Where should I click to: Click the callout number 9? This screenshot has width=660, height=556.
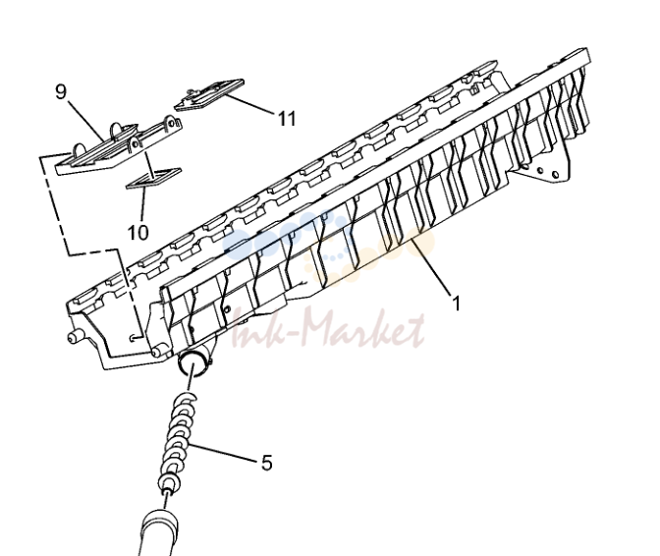61,91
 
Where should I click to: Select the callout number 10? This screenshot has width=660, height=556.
138,232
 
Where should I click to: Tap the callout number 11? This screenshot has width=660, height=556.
287,118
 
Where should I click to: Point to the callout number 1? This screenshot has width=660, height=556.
457,303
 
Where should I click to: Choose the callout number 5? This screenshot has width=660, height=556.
267,463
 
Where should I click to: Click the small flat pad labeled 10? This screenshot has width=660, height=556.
154,178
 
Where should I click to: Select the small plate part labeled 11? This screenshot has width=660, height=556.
209,94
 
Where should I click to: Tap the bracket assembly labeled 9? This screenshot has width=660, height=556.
119,146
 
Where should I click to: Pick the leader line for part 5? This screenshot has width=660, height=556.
223,452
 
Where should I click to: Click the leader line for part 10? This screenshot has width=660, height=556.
142,204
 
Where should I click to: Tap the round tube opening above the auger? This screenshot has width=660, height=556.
193,364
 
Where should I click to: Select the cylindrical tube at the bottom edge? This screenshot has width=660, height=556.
159,532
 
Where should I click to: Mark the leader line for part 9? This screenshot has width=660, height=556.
85,121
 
